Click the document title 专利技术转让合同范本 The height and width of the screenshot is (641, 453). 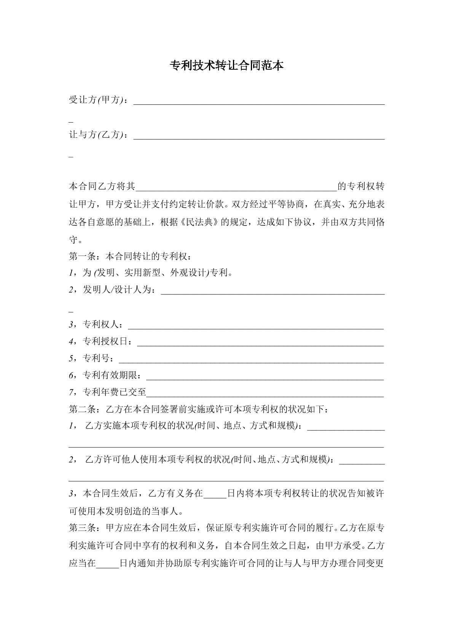coord(226,66)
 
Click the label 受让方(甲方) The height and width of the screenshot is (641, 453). coord(97,100)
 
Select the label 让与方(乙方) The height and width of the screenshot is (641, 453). coord(97,135)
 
